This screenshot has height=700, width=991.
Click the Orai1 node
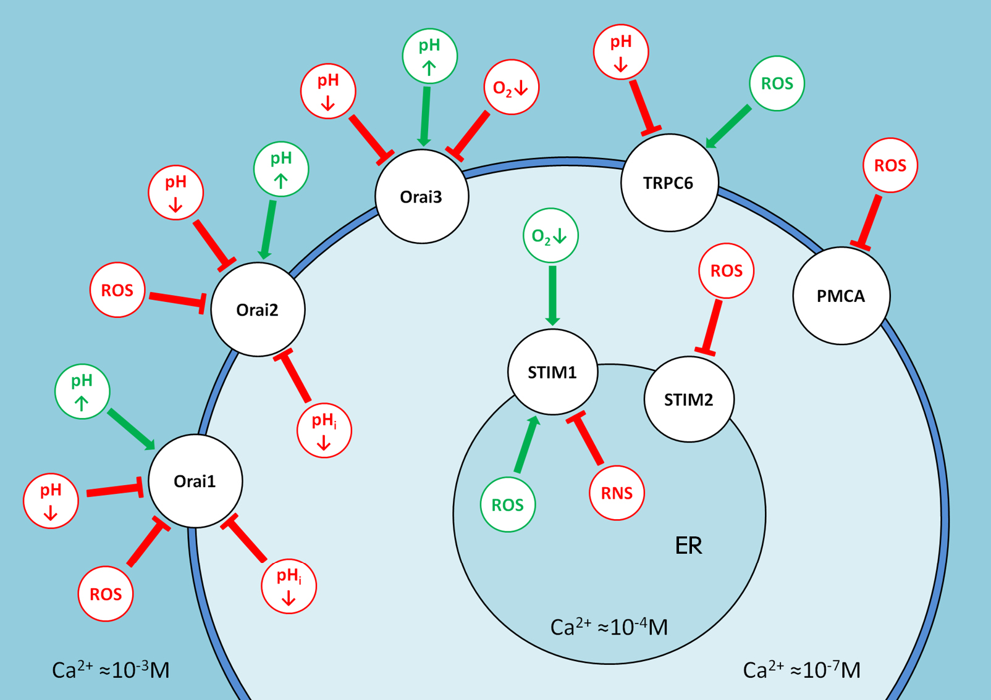click(195, 481)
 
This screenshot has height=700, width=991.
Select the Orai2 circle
click(258, 309)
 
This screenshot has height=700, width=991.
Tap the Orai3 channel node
click(421, 197)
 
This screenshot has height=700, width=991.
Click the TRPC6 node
click(669, 183)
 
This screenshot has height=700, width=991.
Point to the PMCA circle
click(841, 296)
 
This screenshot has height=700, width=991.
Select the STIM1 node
click(552, 372)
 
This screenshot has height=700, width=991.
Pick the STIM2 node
click(688, 399)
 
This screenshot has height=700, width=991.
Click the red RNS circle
click(617, 493)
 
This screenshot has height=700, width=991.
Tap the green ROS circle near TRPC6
click(777, 83)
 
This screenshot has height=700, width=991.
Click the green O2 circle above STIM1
click(550, 236)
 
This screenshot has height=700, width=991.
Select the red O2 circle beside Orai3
click(511, 88)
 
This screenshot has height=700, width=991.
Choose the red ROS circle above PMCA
click(890, 165)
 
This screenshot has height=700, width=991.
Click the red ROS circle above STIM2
click(726, 270)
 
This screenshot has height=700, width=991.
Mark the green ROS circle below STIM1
click(507, 505)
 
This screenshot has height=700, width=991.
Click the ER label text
click(688, 546)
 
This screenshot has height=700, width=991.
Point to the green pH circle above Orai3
click(429, 56)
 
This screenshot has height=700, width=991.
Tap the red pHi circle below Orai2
click(324, 430)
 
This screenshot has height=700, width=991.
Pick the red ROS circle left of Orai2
click(117, 290)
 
